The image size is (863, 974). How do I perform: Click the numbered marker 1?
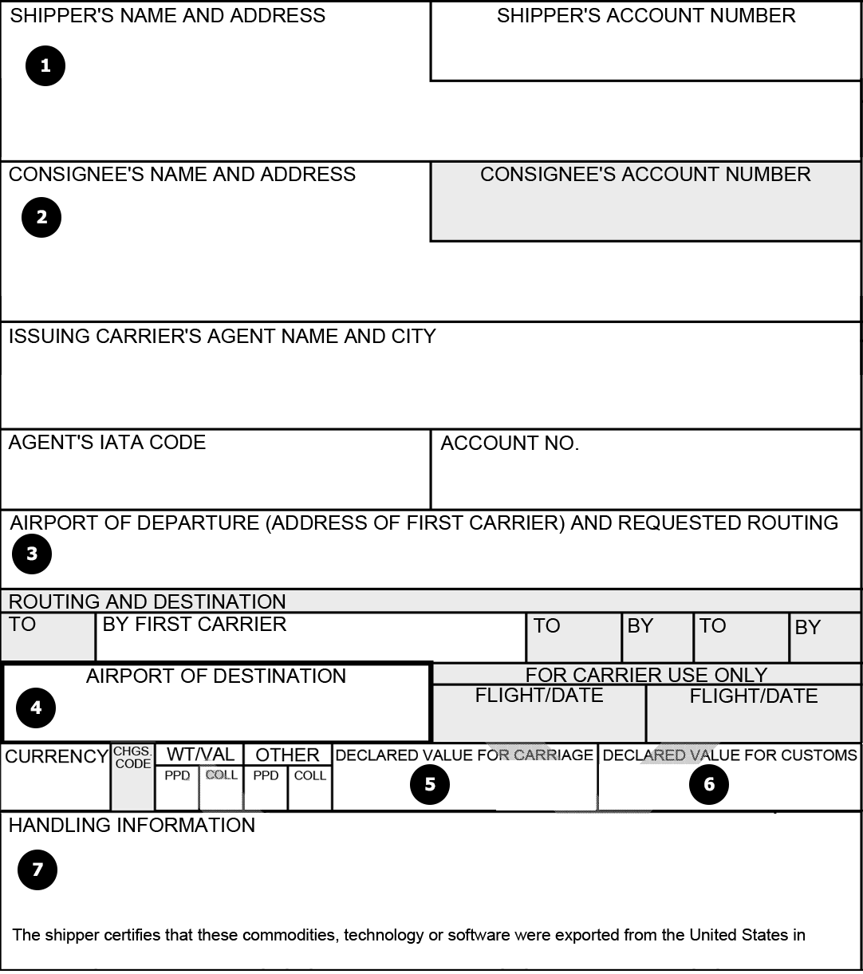[45, 65]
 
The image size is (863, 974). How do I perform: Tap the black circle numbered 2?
[41, 217]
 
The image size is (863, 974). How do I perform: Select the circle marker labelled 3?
[32, 554]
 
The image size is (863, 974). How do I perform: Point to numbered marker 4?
[36, 707]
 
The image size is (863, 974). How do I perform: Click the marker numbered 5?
[430, 784]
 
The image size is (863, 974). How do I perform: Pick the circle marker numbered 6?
[709, 784]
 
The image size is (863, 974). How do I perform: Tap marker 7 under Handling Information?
[37, 869]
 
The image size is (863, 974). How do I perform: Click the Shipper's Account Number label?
[646, 16]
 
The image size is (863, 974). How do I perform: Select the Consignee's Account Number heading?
[645, 175]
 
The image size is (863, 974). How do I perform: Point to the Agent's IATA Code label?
[107, 443]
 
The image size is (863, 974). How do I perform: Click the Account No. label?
[510, 444]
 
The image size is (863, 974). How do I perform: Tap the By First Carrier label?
[194, 625]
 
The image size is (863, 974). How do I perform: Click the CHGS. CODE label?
[132, 758]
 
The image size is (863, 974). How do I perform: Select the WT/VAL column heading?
[200, 755]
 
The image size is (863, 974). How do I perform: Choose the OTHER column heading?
[287, 755]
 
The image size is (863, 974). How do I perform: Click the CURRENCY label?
[57, 756]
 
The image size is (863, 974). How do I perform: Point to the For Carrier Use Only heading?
[646, 675]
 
